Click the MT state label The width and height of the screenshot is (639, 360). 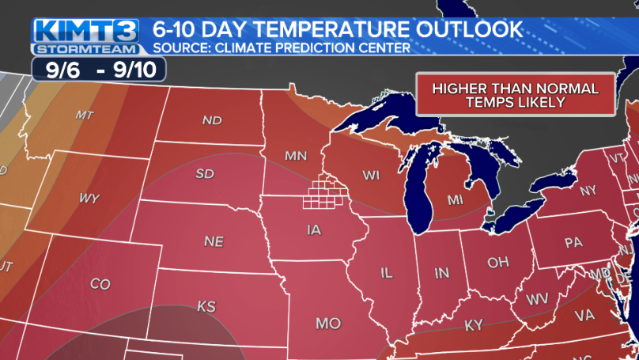coord(85,115)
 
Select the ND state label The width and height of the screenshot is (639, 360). coord(211,121)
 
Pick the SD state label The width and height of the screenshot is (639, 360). coord(204,173)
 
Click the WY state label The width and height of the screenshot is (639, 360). coord(89,199)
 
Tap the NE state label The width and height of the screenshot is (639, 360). coord(214,241)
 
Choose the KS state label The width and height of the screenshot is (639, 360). coord(206,305)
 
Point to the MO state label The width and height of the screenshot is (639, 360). coord(327,324)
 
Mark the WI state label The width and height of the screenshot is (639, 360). coord(372,174)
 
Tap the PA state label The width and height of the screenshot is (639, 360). coord(573,243)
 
